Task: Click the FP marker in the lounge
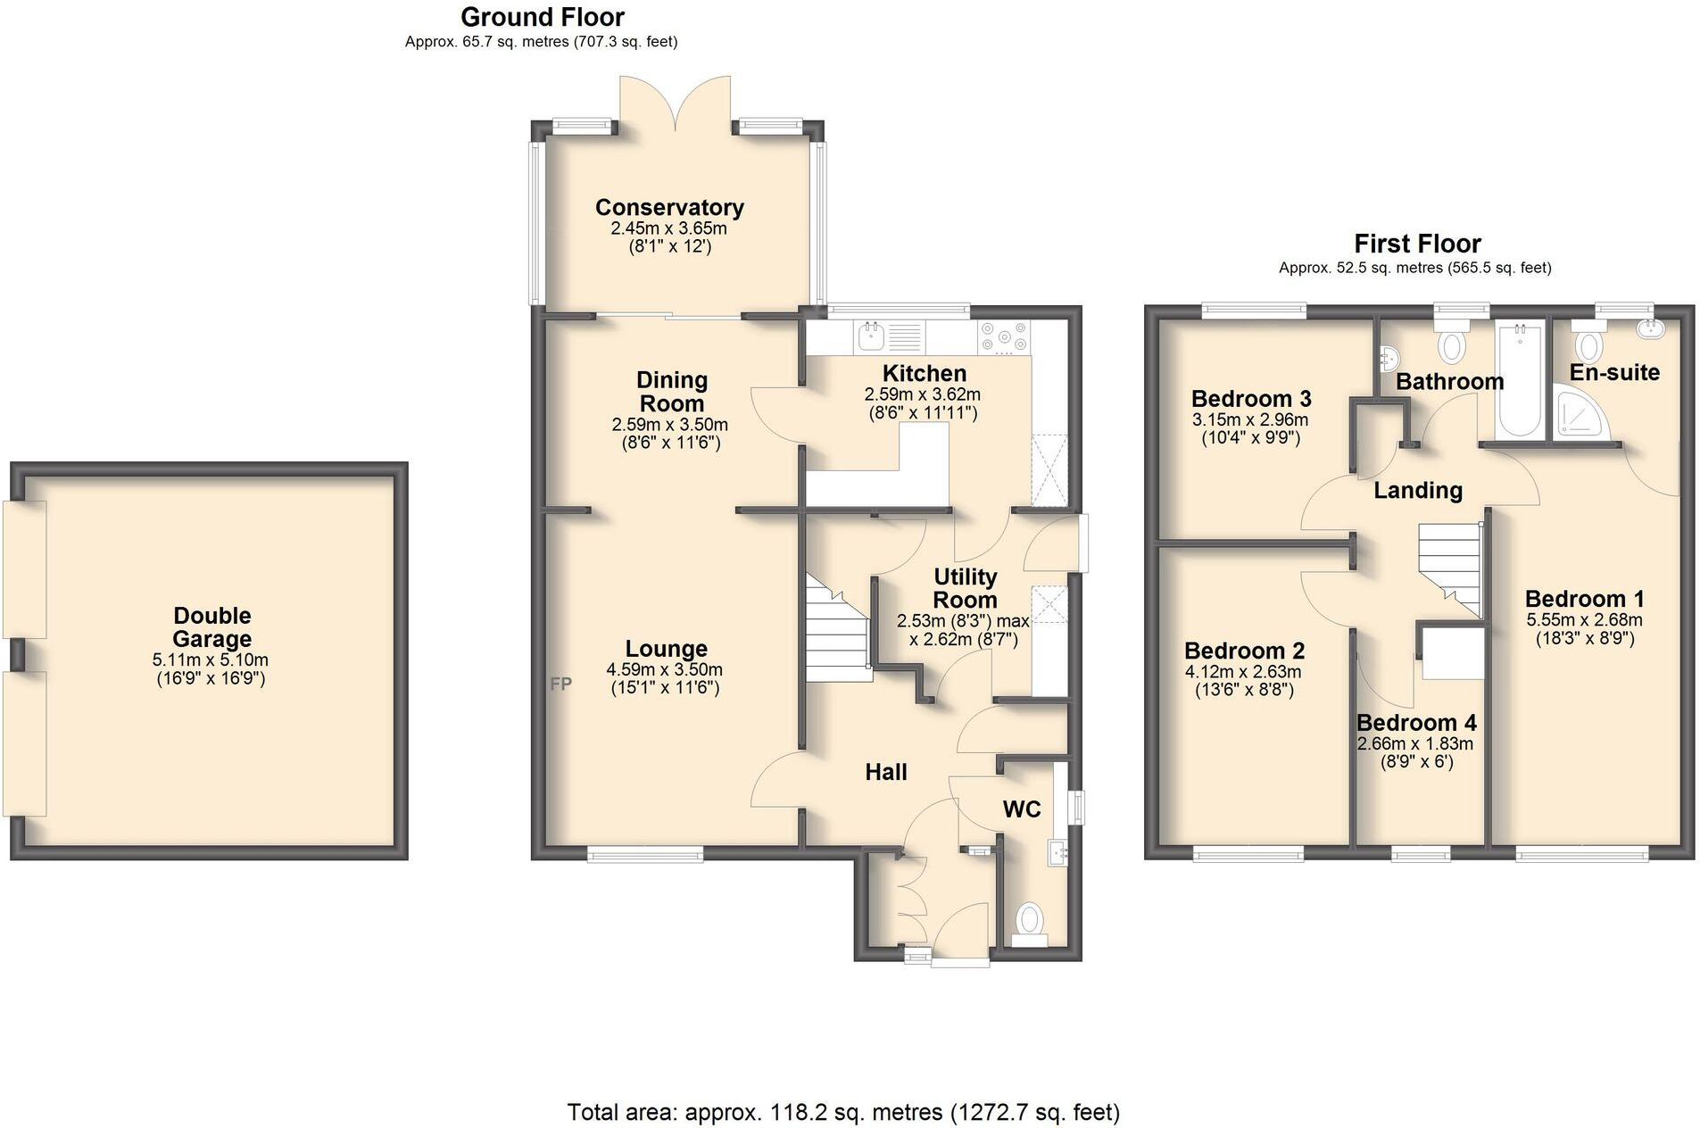pos(560,684)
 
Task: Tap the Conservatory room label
pos(669,207)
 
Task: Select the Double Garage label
pos(211,626)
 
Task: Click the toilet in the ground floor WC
pos(1030,918)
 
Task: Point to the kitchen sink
pos(871,336)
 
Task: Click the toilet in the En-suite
pos(1588,342)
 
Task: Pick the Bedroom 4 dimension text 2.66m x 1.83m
pos(1414,743)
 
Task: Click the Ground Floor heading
pos(542,16)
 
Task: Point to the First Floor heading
pos(1416,243)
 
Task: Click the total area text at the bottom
pos(842,1112)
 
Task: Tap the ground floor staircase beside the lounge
pos(837,629)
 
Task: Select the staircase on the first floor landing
pos(1448,567)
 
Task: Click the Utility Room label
pos(964,587)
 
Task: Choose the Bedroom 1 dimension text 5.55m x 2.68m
pos(1583,619)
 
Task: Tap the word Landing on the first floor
pos(1417,490)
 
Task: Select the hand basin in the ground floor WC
pos(1059,852)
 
